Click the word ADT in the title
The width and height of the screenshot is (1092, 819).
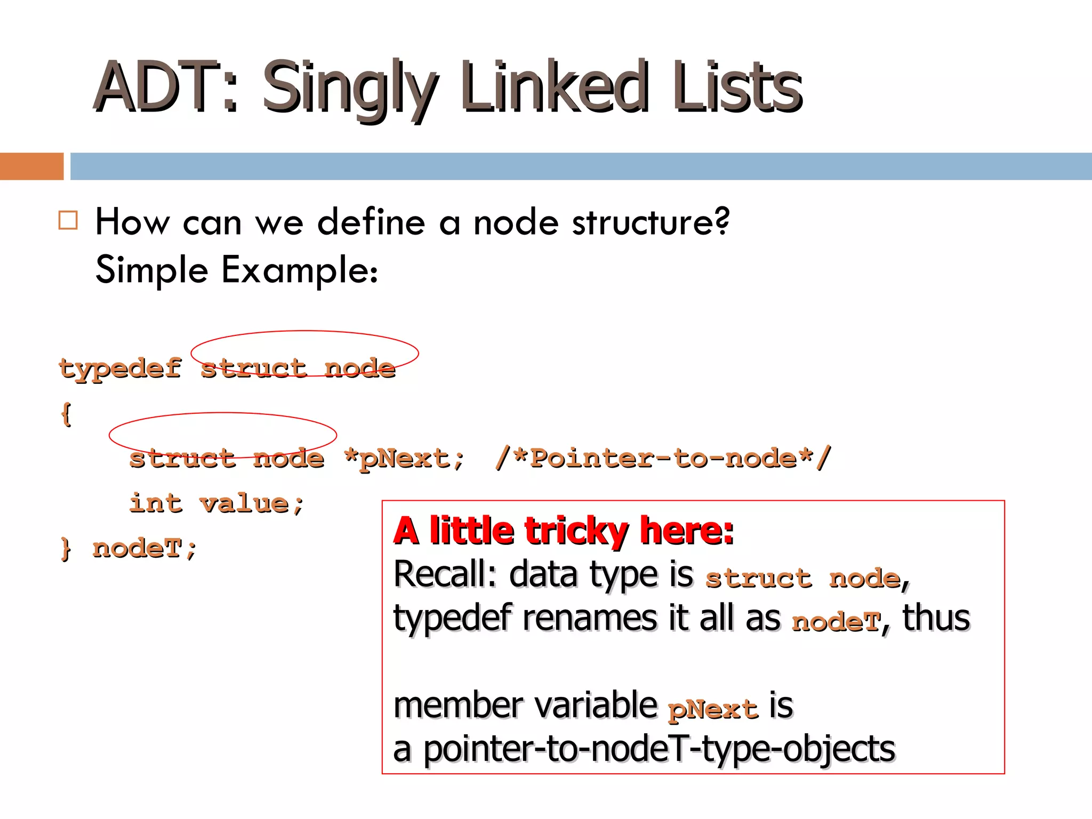157,87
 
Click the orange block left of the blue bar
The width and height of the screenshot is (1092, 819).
31,166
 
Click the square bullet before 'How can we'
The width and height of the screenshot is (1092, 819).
68,220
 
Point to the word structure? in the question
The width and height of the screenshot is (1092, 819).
651,222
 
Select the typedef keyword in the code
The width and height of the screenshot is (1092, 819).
121,368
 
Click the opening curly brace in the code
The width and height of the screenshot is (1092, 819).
66,414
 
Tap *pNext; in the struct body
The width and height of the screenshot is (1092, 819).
404,459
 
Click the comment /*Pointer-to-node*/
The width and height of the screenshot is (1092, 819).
663,458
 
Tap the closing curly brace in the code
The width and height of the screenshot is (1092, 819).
66,548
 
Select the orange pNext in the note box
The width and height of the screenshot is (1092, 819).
713,709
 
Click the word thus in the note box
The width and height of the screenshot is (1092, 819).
936,619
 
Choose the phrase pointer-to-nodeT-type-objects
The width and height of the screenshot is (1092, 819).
659,750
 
